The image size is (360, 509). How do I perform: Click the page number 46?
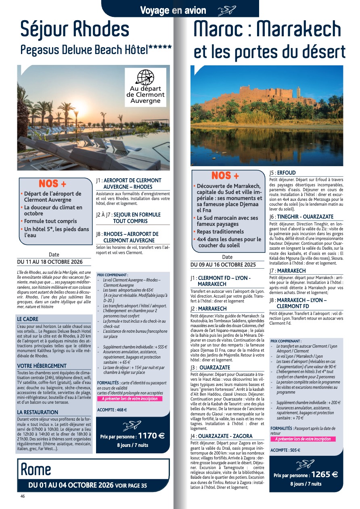tap(23, 496)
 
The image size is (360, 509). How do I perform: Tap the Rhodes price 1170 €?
tap(151, 436)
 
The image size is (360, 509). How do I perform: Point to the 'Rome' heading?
tap(36, 469)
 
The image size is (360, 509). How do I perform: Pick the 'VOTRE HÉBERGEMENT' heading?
tap(42, 366)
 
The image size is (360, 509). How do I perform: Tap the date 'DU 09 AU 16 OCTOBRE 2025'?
tap(223, 265)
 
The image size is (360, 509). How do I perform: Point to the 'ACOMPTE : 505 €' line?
tap(285, 450)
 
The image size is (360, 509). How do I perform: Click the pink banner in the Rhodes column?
tap(130, 398)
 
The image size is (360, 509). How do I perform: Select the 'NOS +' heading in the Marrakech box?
tap(225, 176)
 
